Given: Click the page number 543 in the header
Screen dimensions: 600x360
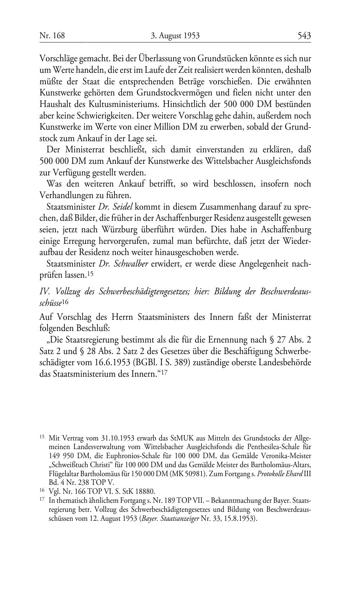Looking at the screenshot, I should point(304,36).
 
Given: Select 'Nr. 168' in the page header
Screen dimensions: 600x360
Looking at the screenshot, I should point(52,36).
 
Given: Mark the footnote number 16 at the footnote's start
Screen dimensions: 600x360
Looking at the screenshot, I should point(42,491).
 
